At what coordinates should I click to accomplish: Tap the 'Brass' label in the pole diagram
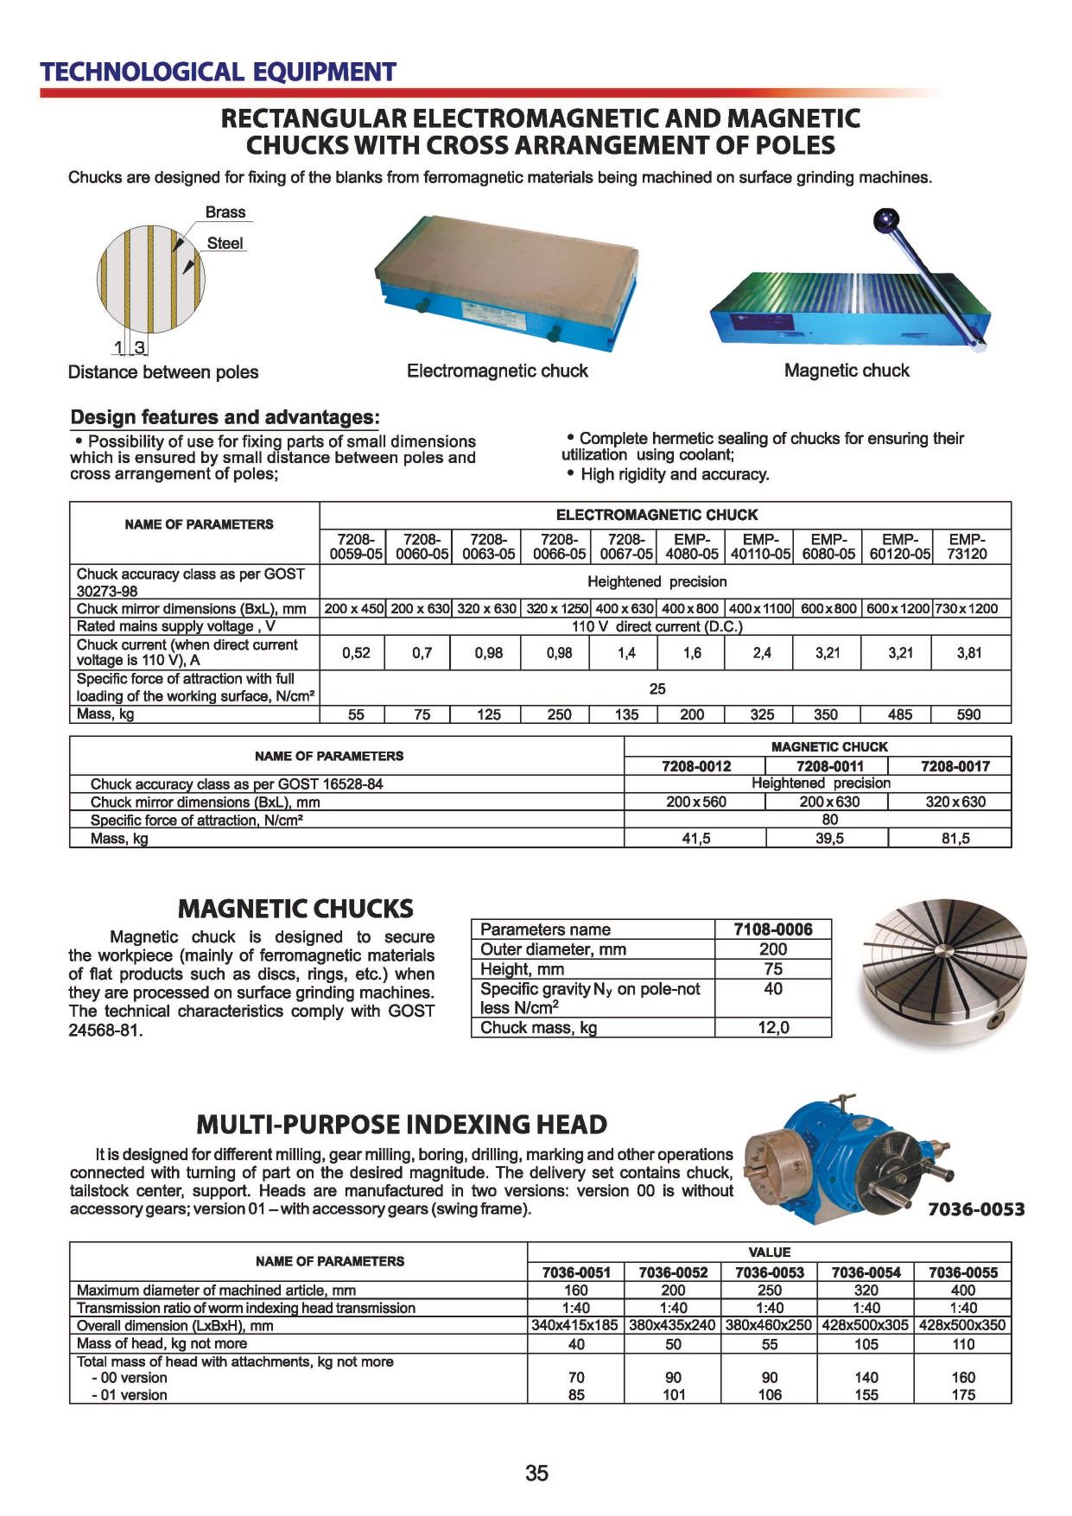225,212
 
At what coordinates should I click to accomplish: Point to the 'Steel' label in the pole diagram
225,244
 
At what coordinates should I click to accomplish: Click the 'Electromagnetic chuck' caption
497,371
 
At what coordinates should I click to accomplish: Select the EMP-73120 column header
967,547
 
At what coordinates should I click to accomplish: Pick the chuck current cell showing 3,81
968,653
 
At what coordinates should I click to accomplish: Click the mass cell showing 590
968,714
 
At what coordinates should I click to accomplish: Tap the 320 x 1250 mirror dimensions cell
556,608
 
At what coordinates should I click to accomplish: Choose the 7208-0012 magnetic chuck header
695,766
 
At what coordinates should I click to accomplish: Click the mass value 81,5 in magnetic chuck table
955,838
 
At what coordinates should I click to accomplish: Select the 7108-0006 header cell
772,929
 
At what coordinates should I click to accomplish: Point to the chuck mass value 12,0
772,1028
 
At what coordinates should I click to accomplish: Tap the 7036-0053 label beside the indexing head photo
975,1209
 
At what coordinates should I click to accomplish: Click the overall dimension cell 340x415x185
574,1325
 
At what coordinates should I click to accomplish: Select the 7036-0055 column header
962,1272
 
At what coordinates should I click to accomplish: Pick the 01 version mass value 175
962,1394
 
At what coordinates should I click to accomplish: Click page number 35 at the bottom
536,1473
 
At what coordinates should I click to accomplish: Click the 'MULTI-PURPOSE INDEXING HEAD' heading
402,1125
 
